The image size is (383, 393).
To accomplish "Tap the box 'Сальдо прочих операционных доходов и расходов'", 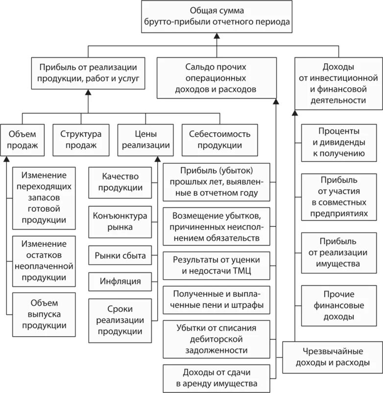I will [216, 78].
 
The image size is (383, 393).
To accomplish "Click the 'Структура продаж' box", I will [81, 139].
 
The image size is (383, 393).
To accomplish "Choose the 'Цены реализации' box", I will [145, 139].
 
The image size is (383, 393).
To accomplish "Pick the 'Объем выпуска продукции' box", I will [44, 314].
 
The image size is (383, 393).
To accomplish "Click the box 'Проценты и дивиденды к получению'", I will [338, 143].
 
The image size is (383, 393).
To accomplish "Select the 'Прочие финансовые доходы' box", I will [338, 305].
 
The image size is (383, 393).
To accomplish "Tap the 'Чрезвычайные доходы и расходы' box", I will [333, 358].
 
